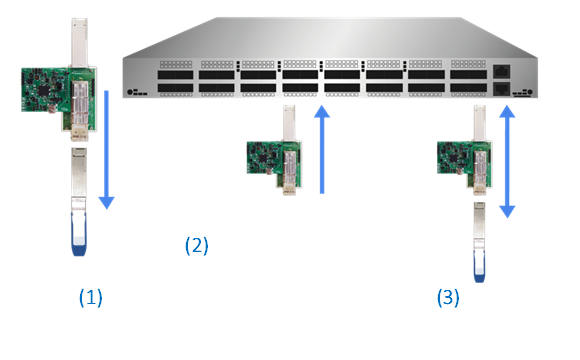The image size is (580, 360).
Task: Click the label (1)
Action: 91,298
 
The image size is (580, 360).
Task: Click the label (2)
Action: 196,246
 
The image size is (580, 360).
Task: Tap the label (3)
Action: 448,298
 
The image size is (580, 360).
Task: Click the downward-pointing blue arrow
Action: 107,149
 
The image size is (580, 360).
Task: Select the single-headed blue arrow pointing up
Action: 322,149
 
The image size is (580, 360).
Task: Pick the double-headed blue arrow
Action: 507,162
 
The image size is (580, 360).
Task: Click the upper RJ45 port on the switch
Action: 502,71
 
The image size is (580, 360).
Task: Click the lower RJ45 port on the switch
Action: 502,89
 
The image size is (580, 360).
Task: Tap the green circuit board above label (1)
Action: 59,99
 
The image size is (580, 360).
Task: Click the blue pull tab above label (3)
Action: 479,266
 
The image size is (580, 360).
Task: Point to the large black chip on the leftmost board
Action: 44,90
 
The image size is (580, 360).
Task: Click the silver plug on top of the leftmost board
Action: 79,43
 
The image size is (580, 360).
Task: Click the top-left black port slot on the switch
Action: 175,75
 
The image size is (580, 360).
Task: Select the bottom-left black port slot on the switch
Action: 175,88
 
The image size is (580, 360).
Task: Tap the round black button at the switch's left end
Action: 130,91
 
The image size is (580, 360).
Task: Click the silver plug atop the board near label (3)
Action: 479,123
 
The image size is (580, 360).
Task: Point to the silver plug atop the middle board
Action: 289,123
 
